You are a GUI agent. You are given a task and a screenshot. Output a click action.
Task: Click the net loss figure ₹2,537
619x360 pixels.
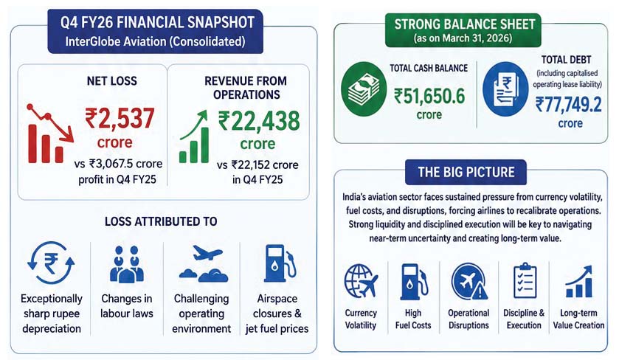120,119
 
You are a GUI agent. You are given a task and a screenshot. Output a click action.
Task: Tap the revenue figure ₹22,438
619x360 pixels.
259,121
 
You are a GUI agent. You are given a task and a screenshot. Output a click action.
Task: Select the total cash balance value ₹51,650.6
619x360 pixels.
429,97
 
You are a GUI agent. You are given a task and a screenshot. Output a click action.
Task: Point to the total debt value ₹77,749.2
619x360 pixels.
569,105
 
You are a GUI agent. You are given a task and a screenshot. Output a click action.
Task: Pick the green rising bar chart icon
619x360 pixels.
194,136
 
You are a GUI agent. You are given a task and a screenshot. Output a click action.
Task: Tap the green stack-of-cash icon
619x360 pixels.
364,89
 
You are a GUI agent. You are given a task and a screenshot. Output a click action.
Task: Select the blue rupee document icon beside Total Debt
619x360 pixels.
505,89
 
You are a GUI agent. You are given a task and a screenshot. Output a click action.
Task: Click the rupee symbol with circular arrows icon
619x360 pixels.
51,263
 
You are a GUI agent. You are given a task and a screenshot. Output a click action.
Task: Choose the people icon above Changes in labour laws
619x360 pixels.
127,264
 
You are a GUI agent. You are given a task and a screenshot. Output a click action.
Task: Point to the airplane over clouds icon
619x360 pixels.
203,263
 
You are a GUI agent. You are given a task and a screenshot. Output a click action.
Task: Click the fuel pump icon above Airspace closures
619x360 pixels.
280,263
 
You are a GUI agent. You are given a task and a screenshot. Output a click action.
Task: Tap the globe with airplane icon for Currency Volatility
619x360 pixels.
361,281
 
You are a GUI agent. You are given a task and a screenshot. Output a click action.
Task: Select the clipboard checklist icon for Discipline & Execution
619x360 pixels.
525,280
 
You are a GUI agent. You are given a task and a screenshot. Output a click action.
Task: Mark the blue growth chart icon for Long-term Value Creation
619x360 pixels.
578,282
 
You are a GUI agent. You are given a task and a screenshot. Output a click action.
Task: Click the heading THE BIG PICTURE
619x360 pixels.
466,172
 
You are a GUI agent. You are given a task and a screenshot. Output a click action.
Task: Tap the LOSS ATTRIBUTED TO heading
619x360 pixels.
161,221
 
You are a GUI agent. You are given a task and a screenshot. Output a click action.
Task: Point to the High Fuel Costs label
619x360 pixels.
413,319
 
